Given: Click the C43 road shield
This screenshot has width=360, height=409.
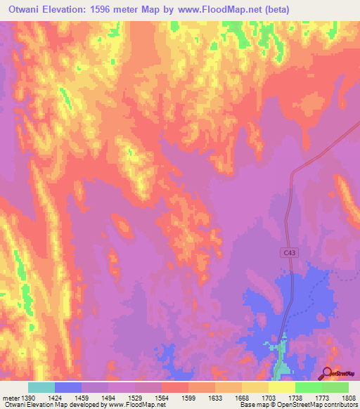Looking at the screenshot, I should pyautogui.click(x=290, y=251).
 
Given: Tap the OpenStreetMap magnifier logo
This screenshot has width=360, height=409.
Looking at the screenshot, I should pyautogui.click(x=328, y=373).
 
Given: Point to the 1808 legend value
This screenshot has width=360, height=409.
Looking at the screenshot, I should pyautogui.click(x=348, y=396).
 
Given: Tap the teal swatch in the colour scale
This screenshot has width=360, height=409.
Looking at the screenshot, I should pyautogui.click(x=41, y=387).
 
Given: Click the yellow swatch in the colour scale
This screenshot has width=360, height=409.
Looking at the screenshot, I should pyautogui.click(x=281, y=387).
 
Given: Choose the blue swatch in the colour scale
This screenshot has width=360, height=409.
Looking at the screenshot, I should pyautogui.click(x=68, y=387).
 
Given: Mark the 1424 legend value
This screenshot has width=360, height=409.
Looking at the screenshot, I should pyautogui.click(x=54, y=396).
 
